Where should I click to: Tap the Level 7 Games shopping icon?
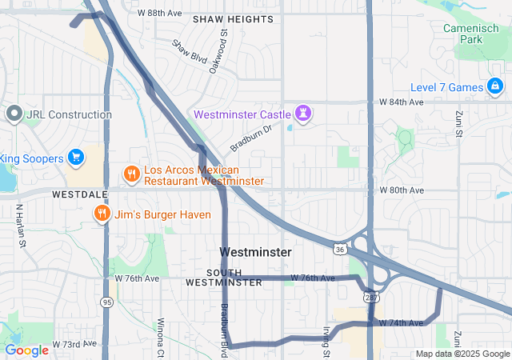pos(495,86)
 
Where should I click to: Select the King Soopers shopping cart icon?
pos(77,158)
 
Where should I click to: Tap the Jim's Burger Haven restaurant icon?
pos(102,214)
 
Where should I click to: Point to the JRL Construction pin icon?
pos(14,114)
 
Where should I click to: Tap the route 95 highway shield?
pos(106,302)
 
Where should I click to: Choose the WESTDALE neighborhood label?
pos(79,194)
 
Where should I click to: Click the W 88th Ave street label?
pos(160,14)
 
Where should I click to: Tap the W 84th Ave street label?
pos(400,102)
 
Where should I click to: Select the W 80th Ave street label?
pos(400,190)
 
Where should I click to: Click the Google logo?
pos(26,350)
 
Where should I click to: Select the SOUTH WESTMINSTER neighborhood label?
pos(224,278)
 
